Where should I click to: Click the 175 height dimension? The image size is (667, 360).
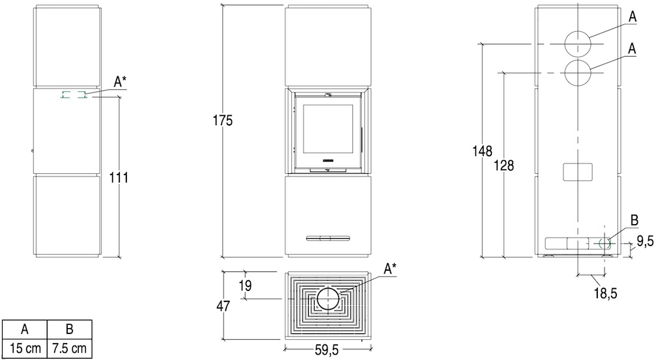click(223, 120)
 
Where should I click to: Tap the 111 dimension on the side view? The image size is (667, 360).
click(119, 177)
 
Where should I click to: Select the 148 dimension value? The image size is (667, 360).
click(483, 151)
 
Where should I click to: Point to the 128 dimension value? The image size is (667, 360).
click(504, 165)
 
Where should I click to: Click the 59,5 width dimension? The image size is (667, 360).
click(327, 350)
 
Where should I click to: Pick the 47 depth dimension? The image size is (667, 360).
click(223, 306)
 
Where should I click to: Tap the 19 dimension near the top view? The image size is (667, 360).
click(245, 286)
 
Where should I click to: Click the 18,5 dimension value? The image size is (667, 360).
click(605, 293)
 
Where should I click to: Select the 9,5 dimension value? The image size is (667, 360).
click(645, 241)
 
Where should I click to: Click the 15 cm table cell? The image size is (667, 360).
click(25, 349)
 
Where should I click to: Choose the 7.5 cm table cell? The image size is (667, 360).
click(69, 349)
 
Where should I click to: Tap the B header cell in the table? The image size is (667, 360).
click(69, 329)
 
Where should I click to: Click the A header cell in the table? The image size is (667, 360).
click(25, 329)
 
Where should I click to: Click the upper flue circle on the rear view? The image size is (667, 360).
click(578, 31)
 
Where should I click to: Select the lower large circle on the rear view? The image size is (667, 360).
click(578, 60)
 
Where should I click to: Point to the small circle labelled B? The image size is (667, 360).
click(604, 238)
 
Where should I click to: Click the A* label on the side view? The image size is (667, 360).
click(120, 81)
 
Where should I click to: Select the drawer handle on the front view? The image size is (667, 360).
click(328, 238)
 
